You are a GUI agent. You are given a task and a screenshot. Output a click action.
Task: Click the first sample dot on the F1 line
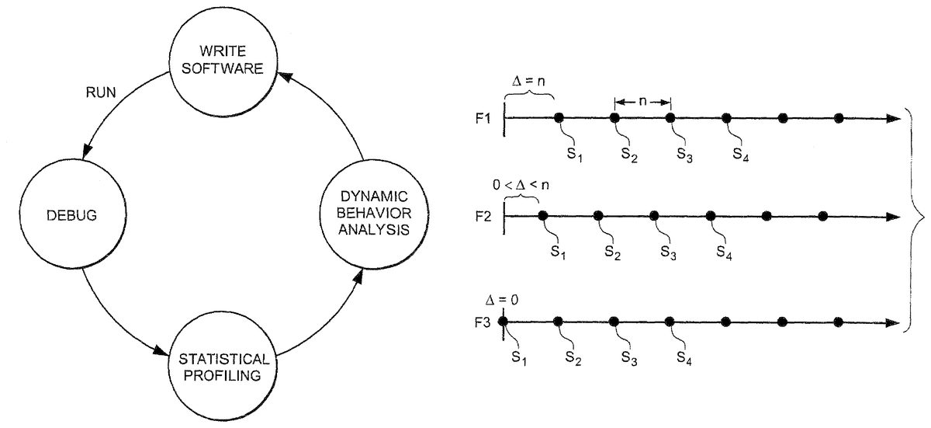[559, 118]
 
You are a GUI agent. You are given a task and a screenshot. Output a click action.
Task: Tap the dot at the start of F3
[503, 321]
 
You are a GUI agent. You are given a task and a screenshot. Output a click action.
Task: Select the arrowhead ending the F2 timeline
[891, 216]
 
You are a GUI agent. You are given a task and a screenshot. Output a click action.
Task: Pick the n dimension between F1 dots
[642, 101]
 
